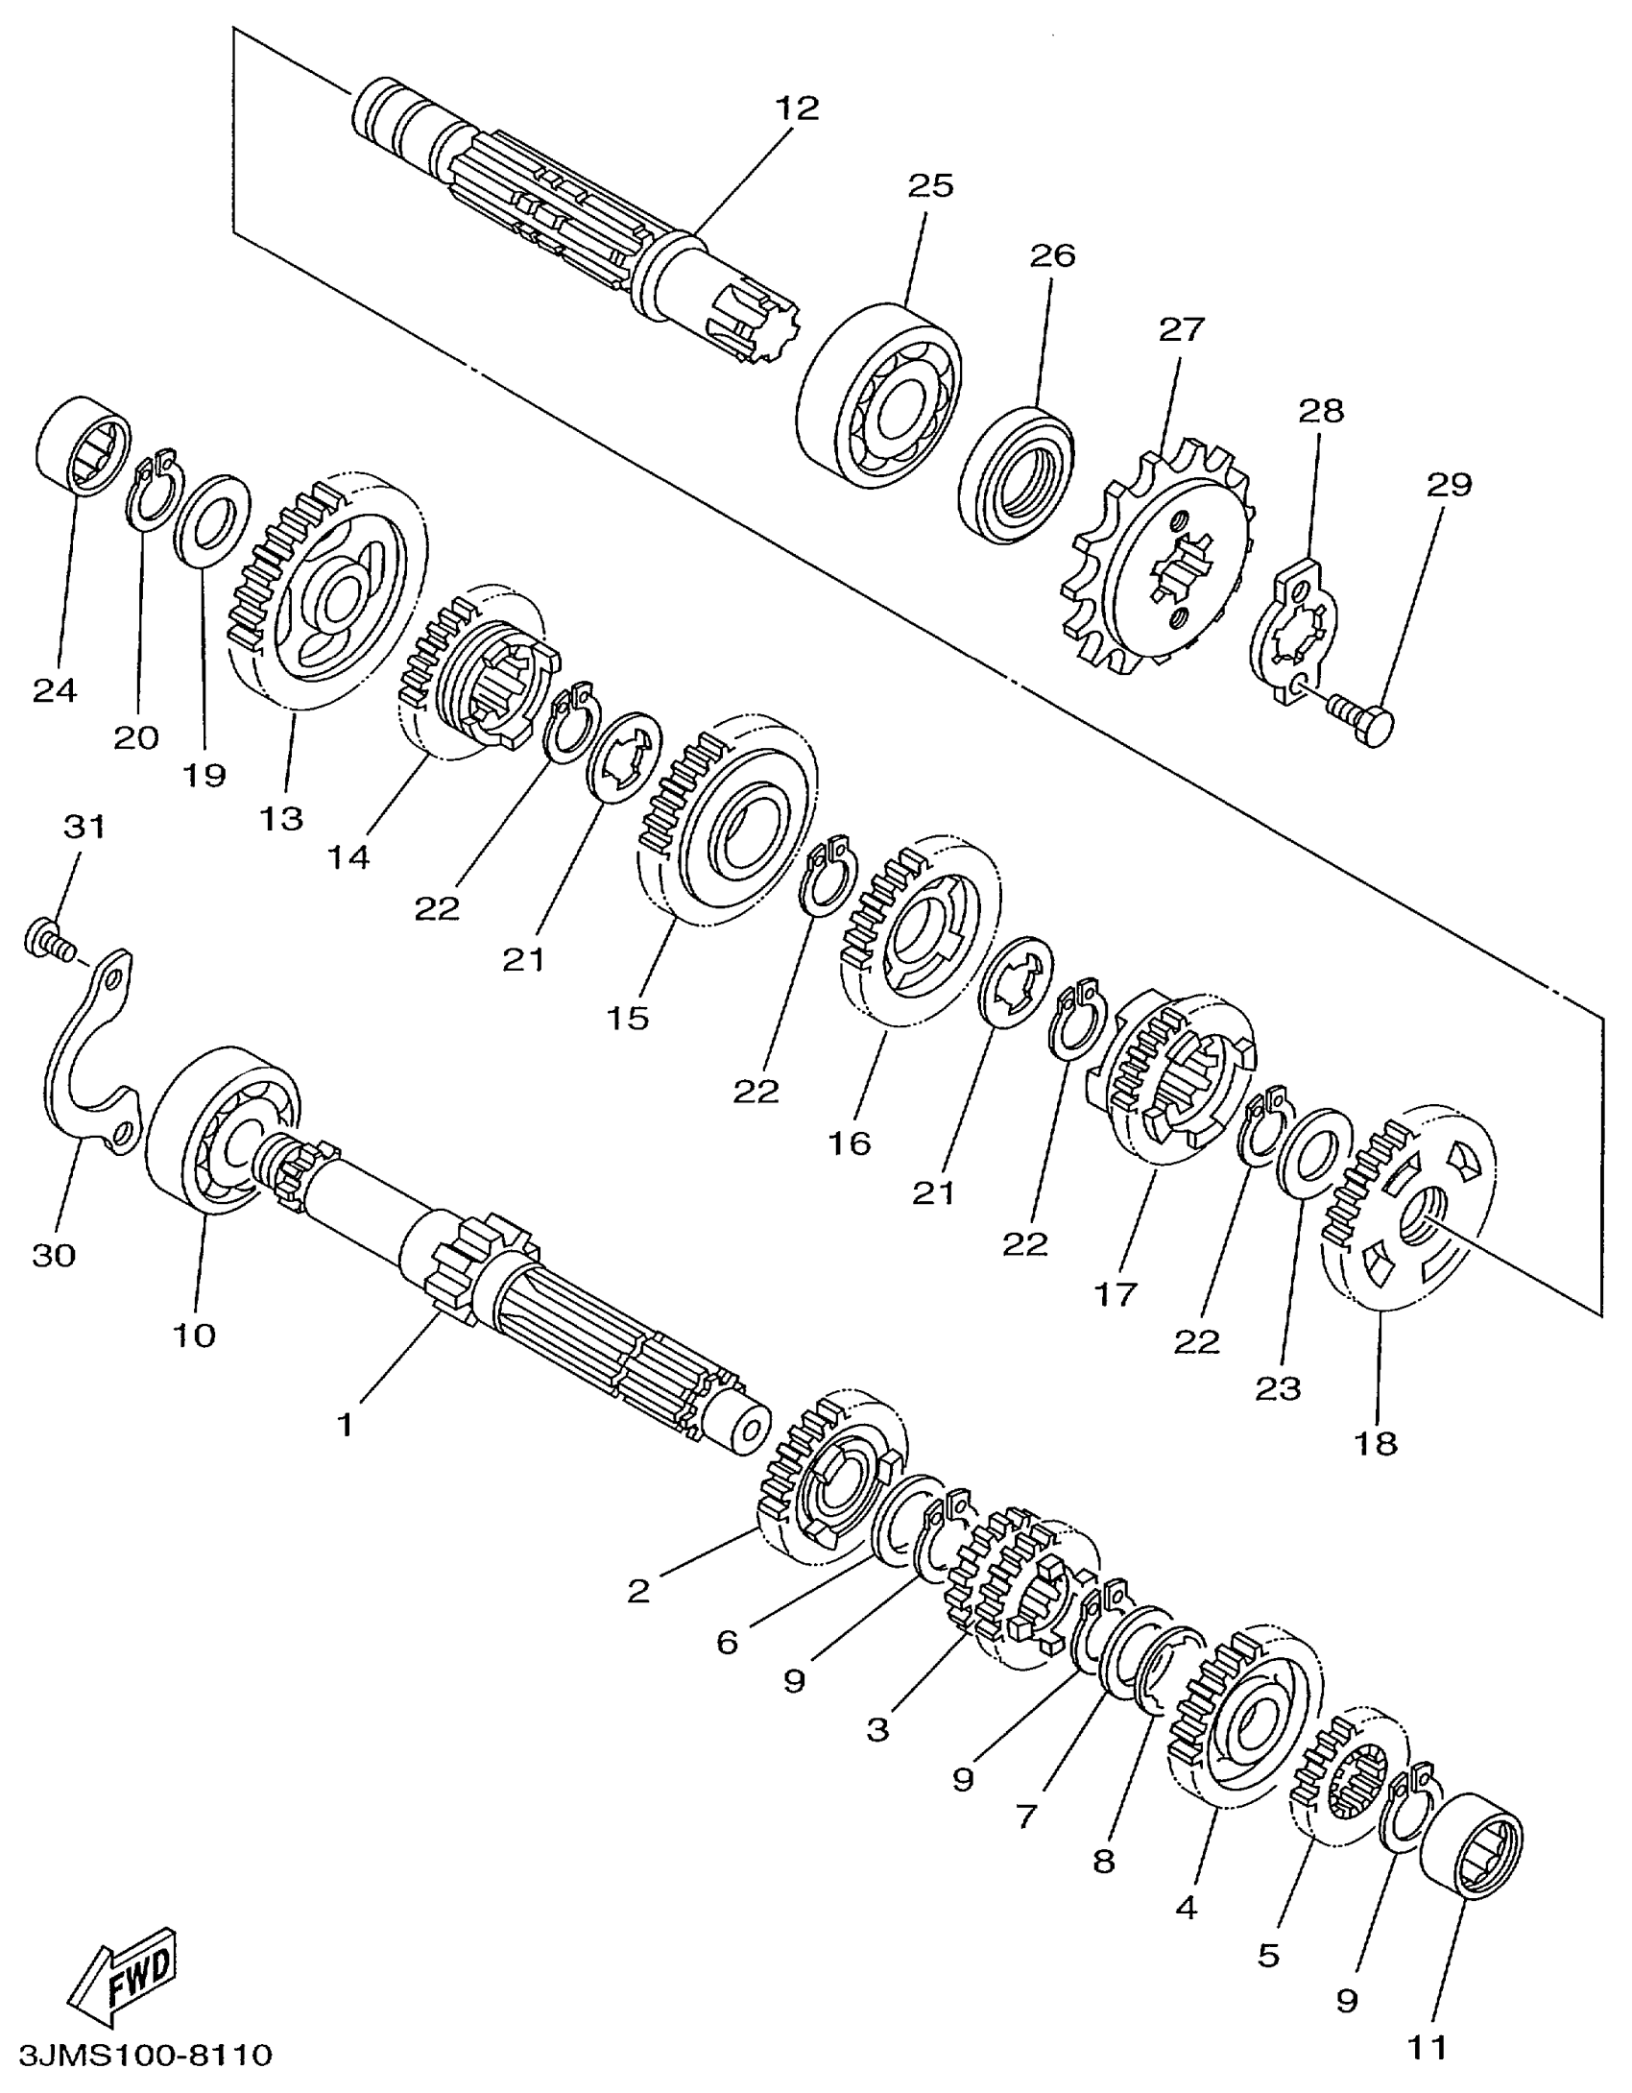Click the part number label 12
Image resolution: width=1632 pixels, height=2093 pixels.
pos(798,108)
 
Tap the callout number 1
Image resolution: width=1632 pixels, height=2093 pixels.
pos(345,1426)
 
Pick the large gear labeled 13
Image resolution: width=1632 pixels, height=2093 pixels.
pos(326,595)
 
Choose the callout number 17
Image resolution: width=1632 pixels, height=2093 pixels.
pos(1115,1294)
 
